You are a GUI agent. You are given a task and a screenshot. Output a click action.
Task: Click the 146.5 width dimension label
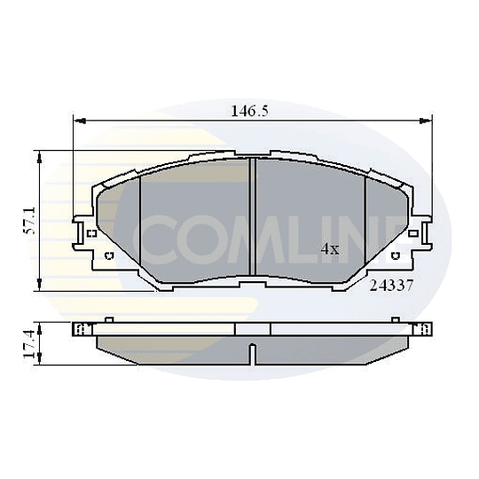[x=249, y=111]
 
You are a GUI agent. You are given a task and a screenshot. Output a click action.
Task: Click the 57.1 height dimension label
[x=30, y=221]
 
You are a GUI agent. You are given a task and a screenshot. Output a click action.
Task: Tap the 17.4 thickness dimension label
[x=29, y=344]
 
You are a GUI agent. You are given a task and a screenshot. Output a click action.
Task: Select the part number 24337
[x=391, y=286]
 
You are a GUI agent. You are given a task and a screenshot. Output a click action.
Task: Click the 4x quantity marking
[x=330, y=249]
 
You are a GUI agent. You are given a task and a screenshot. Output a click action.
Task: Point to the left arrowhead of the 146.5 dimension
[x=80, y=121]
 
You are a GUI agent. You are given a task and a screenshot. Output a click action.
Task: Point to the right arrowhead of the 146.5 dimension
[x=426, y=121]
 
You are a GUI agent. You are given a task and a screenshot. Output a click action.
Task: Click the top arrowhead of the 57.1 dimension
[x=39, y=157]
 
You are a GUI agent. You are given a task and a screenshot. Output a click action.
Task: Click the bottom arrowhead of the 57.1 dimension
[x=39, y=284]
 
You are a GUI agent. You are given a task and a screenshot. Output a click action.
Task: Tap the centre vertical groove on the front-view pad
[x=252, y=216]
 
